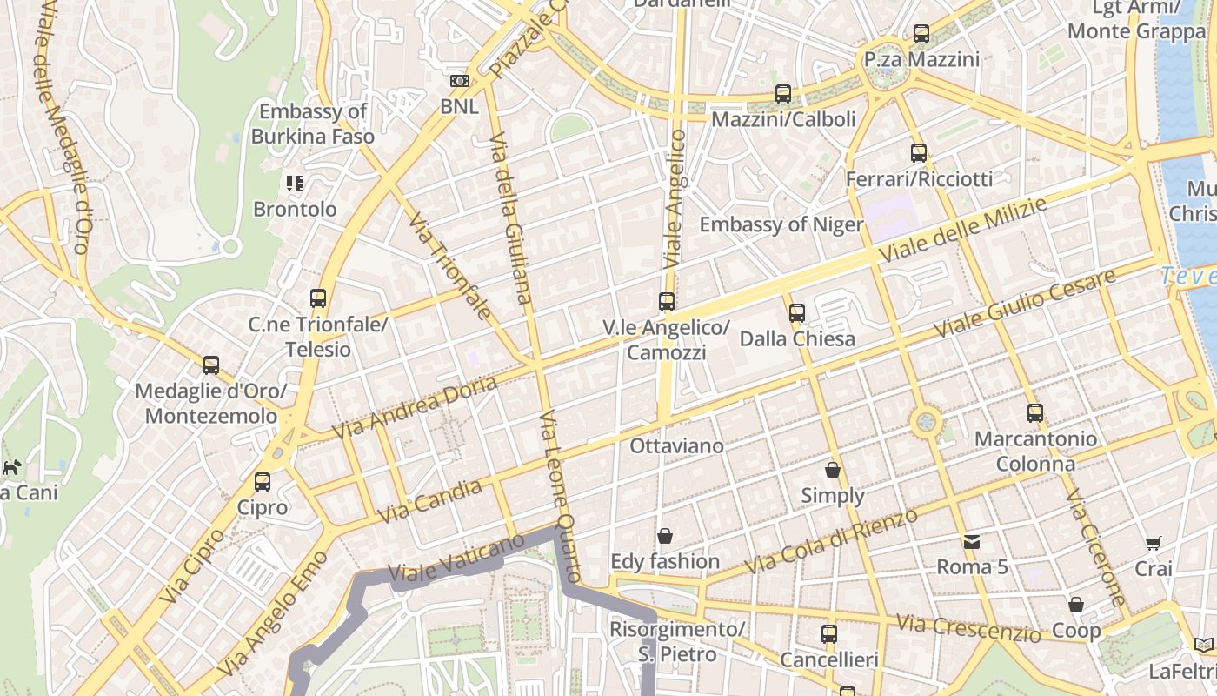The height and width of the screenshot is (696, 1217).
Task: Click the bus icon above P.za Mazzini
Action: point(921,35)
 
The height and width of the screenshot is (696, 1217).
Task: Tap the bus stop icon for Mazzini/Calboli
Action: point(783,94)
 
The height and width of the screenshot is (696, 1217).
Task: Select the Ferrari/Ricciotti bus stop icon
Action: point(919,154)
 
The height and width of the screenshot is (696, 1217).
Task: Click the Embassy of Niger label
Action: point(781,224)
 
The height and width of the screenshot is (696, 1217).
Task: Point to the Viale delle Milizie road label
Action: point(964,229)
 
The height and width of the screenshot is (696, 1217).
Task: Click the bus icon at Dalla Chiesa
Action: point(797,313)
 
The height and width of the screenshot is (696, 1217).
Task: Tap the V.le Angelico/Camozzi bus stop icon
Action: point(667,302)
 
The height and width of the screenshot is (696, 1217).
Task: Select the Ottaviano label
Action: point(676,446)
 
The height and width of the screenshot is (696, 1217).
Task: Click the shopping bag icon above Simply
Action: point(833,471)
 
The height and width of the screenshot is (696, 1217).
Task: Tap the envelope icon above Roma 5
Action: point(972,542)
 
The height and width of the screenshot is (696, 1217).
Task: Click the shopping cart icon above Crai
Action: point(1154,544)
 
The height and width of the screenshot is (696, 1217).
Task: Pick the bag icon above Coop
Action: point(1076,605)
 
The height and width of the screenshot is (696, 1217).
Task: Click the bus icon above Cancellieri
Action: point(829,634)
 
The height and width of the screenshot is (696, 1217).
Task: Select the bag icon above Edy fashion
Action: point(665,536)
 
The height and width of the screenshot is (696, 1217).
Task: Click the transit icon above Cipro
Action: point(263,482)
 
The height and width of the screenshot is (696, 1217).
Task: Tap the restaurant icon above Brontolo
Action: point(295,184)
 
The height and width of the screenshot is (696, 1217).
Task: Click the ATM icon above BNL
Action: point(459,82)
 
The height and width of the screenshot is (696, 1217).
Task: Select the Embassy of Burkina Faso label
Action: point(313,124)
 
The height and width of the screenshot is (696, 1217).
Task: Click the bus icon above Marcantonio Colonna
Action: point(1034,413)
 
